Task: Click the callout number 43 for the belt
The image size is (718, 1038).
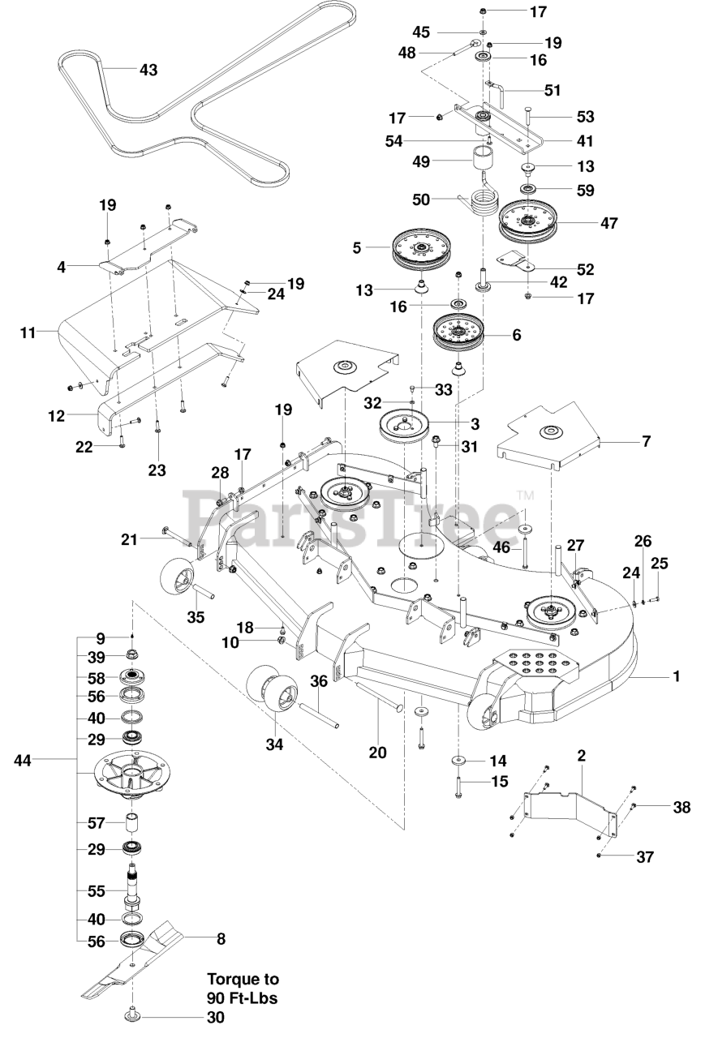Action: (148, 70)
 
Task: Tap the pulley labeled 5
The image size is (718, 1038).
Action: (423, 248)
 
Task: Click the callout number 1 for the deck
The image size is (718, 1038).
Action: (676, 676)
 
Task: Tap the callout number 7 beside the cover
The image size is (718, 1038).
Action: (646, 441)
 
